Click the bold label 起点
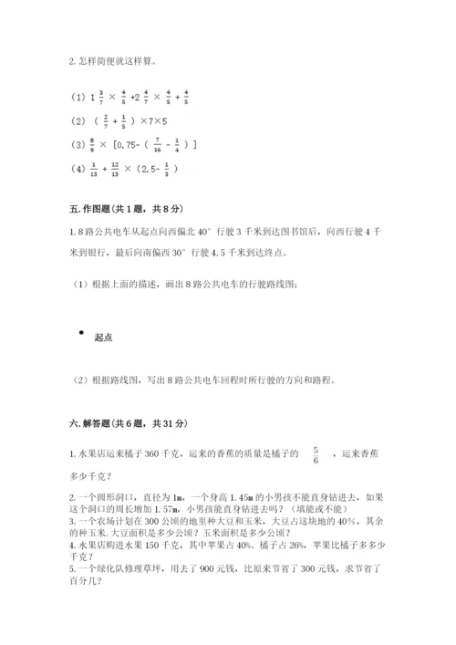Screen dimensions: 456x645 coord(103,338)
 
